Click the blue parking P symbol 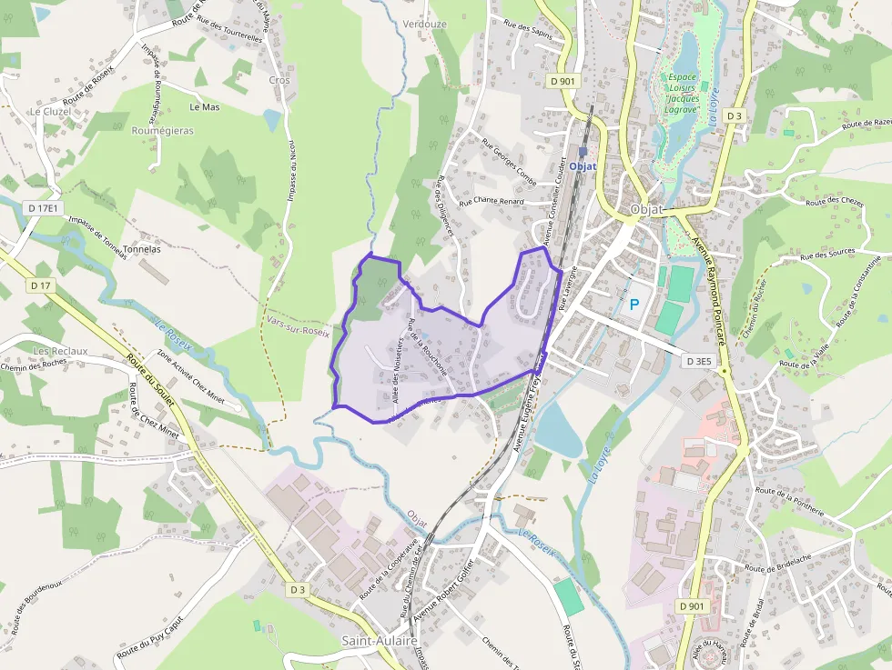(x=634, y=304)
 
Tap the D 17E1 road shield (x=44, y=208)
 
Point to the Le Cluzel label (x=50, y=111)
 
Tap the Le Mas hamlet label (x=205, y=106)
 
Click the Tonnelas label (x=141, y=248)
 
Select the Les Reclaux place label (x=60, y=351)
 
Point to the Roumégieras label (x=163, y=131)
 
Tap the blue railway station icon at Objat (x=583, y=152)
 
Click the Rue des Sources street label (x=827, y=254)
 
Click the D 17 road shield (x=40, y=285)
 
